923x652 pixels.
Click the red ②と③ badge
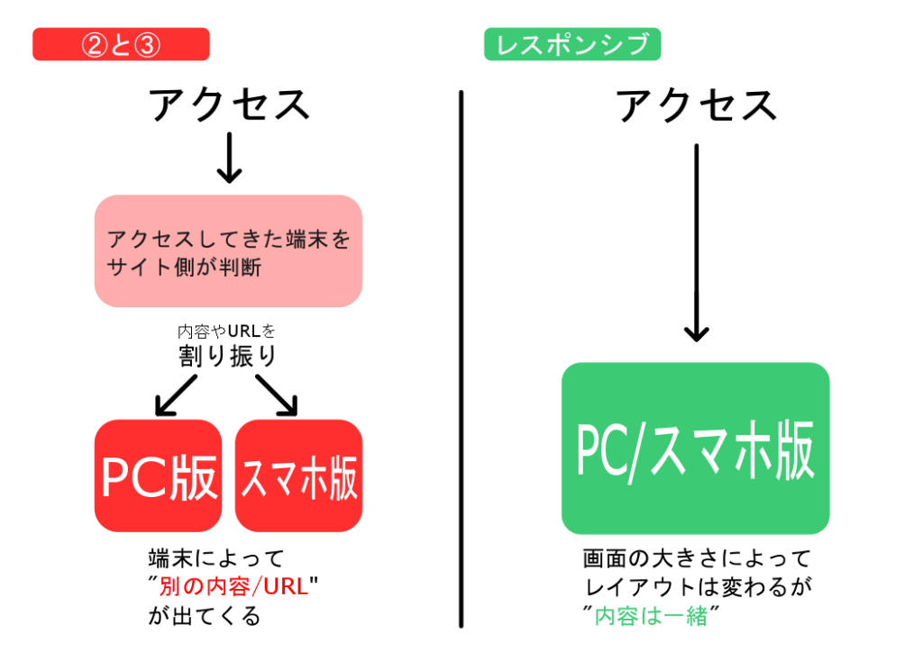point(121,44)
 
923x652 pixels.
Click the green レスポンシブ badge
point(572,44)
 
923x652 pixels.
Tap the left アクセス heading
point(229,104)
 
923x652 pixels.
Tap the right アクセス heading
point(697,105)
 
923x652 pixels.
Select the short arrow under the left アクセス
point(229,158)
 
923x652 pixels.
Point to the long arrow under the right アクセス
point(697,242)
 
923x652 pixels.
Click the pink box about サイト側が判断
point(228,251)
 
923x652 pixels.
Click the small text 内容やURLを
point(226,331)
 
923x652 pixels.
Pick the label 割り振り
point(227,356)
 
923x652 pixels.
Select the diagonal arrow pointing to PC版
point(176,395)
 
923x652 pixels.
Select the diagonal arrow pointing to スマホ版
point(277,395)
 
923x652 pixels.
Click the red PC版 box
point(159,475)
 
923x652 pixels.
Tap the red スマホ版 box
point(298,475)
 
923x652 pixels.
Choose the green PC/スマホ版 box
point(696,448)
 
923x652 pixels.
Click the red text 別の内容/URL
point(233,586)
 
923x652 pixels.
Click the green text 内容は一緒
point(651,616)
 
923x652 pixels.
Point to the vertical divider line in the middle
point(461,359)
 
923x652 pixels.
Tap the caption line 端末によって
point(216,558)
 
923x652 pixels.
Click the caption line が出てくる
point(205,616)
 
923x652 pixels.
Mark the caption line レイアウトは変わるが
point(699,586)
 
